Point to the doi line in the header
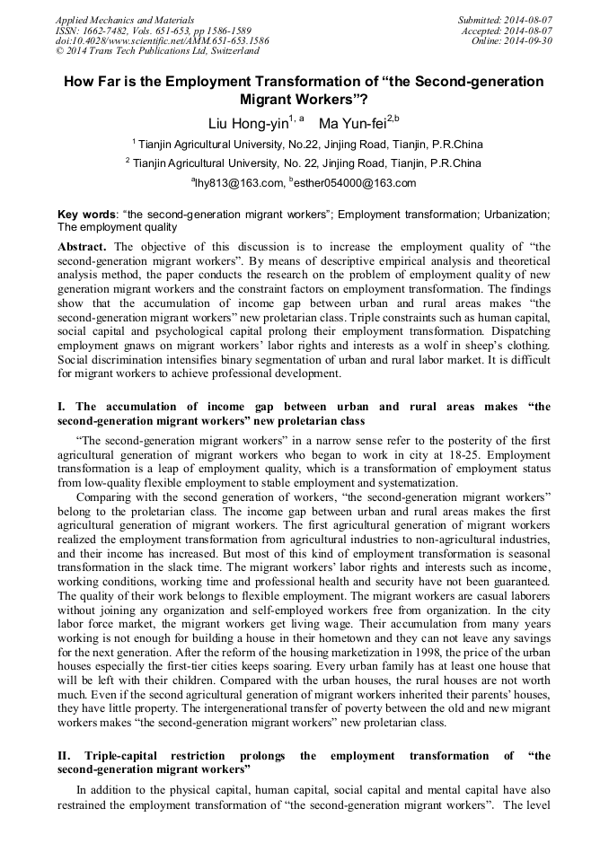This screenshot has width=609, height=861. [162, 40]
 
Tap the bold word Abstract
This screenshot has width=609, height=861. [82, 246]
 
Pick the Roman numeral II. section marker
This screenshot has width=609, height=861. [66, 756]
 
